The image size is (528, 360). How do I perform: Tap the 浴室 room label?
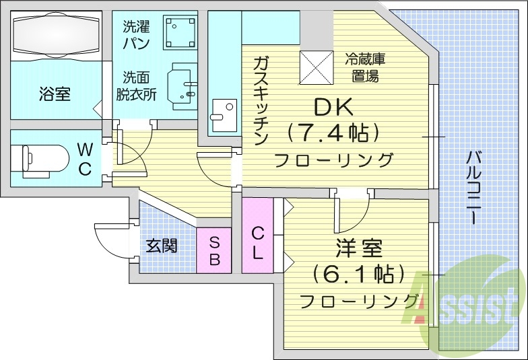point(55,94)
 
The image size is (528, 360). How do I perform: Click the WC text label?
point(85,159)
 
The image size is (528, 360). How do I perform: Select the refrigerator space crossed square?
point(317,67)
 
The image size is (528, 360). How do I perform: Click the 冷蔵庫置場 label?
point(365,68)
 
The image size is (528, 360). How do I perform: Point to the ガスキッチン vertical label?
point(261,101)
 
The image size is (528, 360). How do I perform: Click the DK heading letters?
point(333,106)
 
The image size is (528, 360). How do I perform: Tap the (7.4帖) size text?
point(333,132)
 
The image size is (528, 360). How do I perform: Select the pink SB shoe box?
point(214,250)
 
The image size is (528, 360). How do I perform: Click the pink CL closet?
point(257,236)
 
